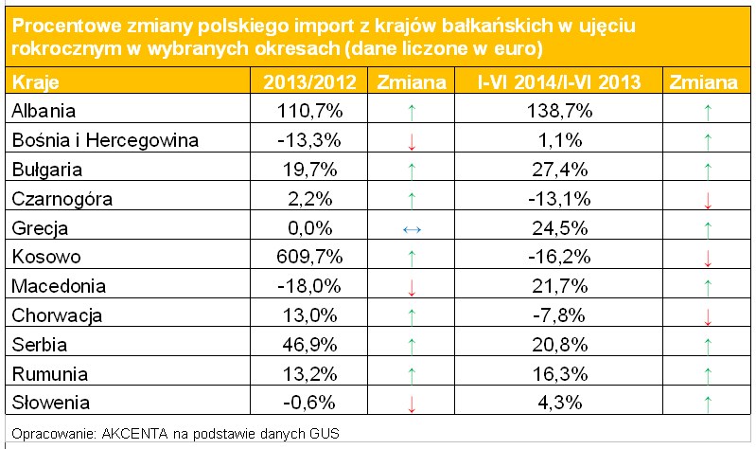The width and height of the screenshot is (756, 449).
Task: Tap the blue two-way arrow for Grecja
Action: (x=411, y=228)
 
